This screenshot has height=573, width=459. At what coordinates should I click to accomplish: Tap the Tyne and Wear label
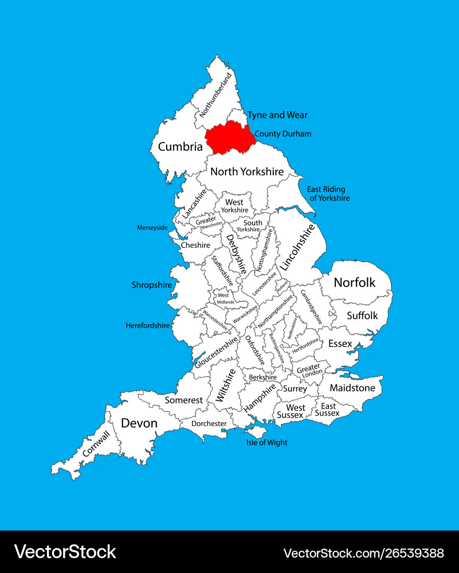click(277, 115)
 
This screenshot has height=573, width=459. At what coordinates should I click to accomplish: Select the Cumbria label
click(180, 146)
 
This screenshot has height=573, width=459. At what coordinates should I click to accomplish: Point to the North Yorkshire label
click(247, 171)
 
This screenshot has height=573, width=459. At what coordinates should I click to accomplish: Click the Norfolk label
click(354, 282)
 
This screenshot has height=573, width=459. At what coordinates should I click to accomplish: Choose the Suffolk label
click(362, 316)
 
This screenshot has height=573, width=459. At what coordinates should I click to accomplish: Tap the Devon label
click(139, 423)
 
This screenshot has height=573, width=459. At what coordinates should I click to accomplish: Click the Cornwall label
click(97, 444)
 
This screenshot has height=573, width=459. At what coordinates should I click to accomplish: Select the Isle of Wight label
click(266, 442)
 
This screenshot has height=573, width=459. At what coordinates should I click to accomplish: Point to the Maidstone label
click(352, 388)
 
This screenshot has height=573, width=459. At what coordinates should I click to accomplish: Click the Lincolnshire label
click(297, 247)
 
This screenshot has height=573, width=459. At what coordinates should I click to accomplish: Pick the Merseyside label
click(152, 228)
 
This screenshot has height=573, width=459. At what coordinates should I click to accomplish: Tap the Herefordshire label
click(148, 325)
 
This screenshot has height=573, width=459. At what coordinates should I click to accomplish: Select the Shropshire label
click(152, 285)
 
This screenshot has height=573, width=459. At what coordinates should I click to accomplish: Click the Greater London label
click(308, 370)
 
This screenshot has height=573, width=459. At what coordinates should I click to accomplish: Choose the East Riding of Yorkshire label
click(328, 194)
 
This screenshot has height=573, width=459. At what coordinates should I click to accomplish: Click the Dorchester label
click(209, 423)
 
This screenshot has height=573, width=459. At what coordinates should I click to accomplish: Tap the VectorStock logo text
click(65, 552)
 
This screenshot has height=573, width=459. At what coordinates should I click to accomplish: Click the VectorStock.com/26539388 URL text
click(363, 553)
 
